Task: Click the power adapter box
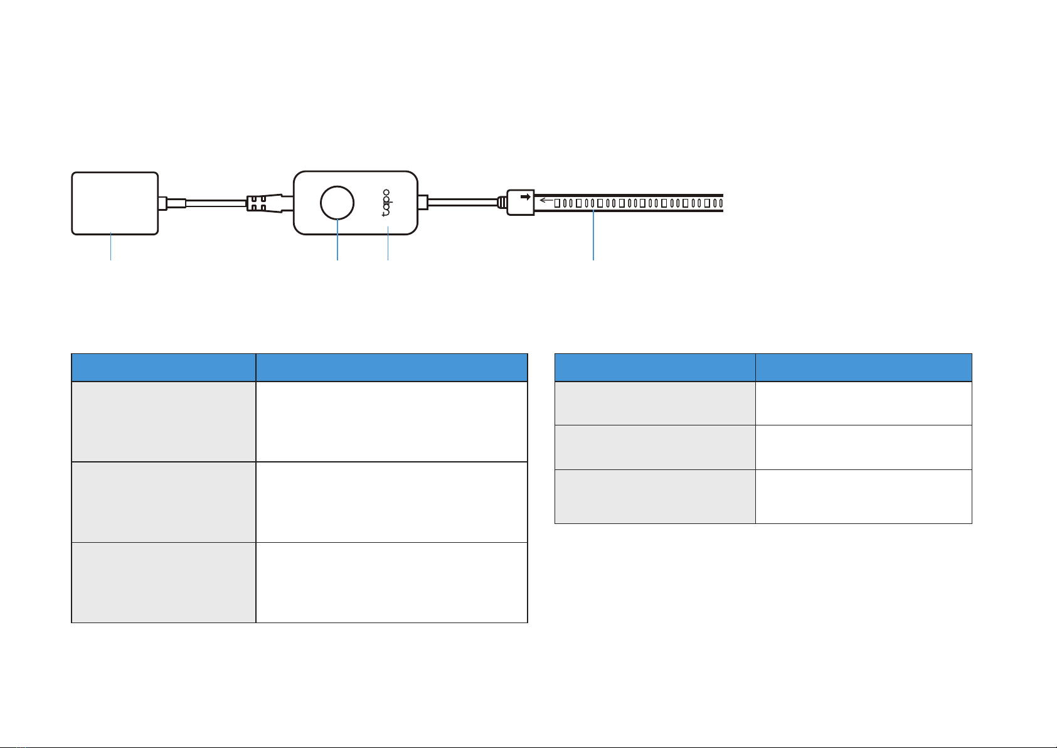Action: click(115, 203)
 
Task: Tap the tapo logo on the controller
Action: click(386, 203)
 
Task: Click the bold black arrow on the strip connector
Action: click(526, 196)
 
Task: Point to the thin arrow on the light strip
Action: click(546, 200)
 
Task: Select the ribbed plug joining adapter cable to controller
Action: click(264, 203)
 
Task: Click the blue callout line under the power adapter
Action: click(111, 246)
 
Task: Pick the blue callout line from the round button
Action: click(337, 240)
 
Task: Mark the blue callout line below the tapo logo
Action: click(388, 243)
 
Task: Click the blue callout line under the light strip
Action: click(593, 235)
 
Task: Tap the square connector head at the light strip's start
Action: click(521, 203)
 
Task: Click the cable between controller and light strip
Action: click(462, 203)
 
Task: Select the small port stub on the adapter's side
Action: click(163, 203)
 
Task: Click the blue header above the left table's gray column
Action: click(163, 367)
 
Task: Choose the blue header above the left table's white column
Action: click(391, 367)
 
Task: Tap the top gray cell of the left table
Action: click(163, 422)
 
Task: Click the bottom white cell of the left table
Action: click(391, 582)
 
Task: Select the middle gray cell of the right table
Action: click(655, 447)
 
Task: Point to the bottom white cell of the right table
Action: click(864, 496)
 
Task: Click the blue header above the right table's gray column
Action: click(655, 367)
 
